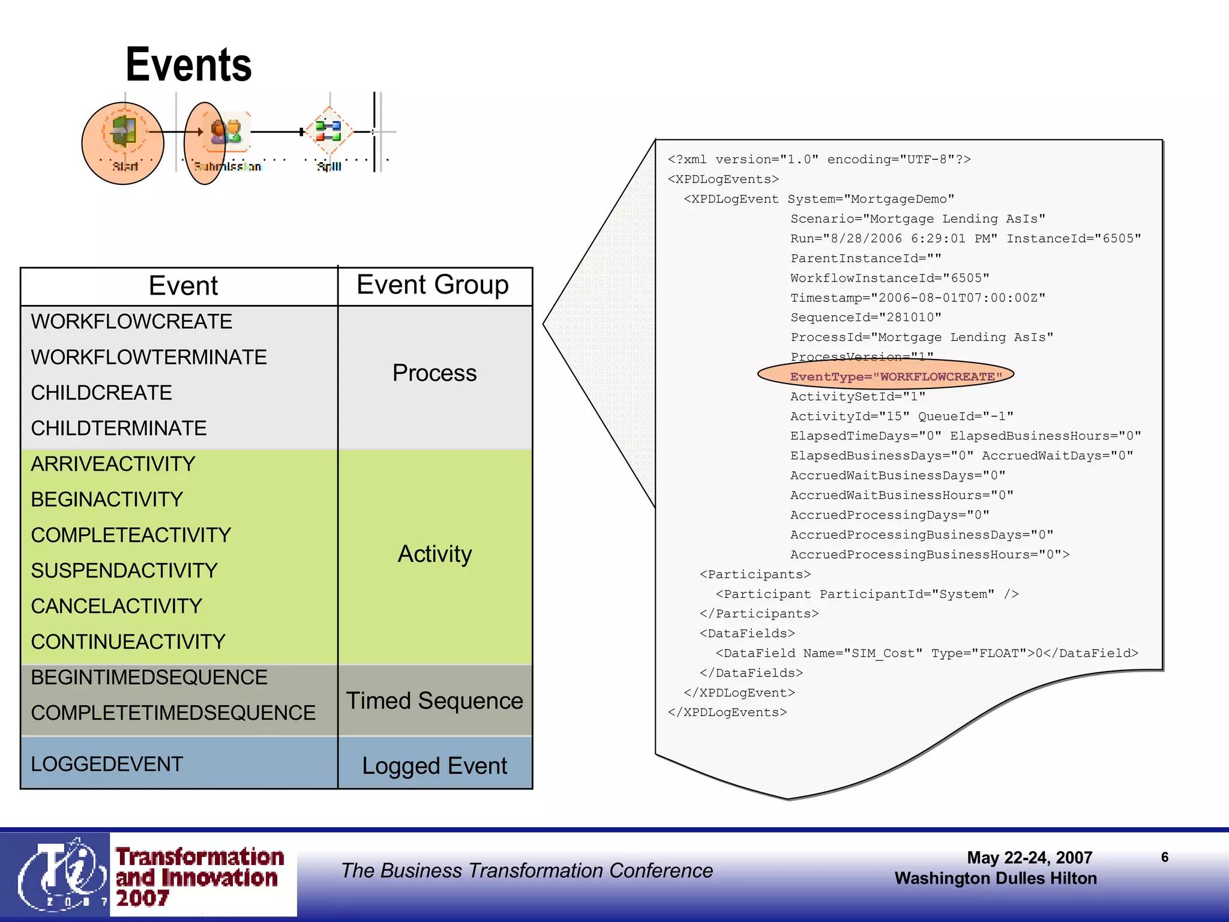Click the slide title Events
pos(188,65)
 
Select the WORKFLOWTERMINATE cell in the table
pos(149,357)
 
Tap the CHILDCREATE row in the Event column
pos(101,393)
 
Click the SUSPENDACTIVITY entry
pos(124,570)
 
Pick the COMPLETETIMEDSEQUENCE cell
pos(173,713)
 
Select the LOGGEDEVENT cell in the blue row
pos(107,764)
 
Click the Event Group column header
pos(433,285)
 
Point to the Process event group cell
pos(434,373)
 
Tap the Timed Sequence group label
pos(434,701)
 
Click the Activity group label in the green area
pos(434,553)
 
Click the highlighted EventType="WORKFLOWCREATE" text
pos(896,376)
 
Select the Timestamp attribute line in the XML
pos(918,298)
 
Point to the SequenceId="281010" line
pos(865,318)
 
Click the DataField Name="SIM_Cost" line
pos(926,653)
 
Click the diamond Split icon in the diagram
pos(328,130)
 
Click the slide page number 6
pos(1164,857)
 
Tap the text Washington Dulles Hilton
pos(995,878)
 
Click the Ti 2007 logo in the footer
pos(57,875)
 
